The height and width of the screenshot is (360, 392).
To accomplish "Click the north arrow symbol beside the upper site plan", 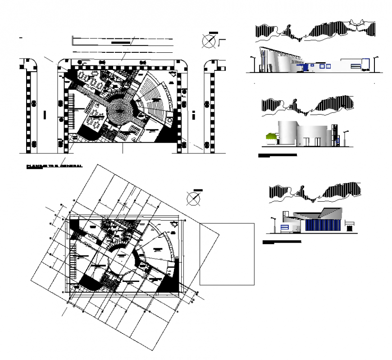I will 208,41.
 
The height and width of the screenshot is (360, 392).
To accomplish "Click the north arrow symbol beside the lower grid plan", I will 193,198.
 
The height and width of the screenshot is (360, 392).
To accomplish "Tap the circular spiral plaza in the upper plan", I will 120,108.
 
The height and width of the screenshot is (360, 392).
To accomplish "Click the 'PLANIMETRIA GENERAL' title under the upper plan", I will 54,166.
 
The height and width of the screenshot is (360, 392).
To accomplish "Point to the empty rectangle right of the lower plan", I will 227,254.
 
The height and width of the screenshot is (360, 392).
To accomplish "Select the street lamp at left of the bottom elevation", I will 273,224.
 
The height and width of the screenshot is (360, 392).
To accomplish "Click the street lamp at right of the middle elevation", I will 346,138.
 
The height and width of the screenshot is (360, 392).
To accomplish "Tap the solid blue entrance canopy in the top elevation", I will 306,67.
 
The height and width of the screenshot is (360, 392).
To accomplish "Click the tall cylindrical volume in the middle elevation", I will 288,133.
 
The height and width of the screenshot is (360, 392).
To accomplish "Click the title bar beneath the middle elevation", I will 278,155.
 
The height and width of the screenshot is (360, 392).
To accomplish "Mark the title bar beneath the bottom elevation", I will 282,242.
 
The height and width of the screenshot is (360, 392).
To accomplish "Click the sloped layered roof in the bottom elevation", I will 318,214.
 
